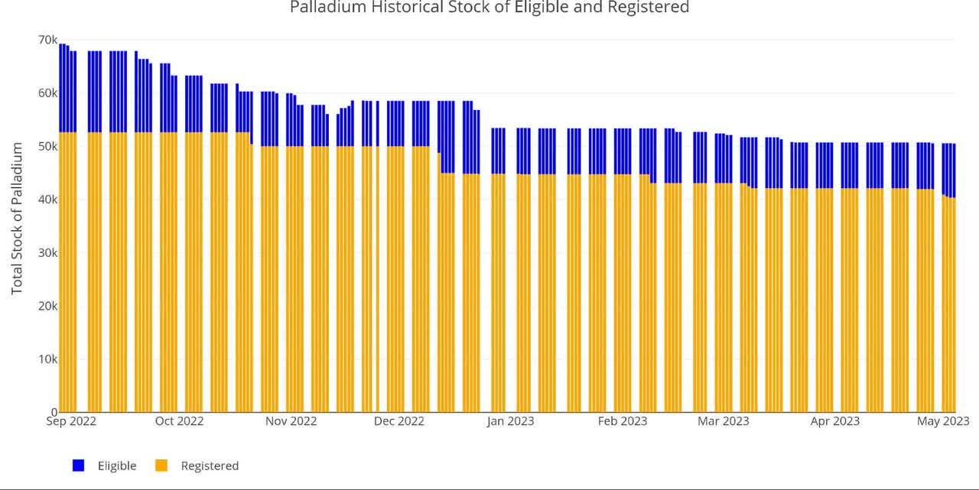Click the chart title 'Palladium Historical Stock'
[489, 8]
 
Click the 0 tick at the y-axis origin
[54, 412]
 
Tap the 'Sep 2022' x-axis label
[71, 421]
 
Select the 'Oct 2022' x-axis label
[179, 421]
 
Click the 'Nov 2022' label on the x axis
[291, 421]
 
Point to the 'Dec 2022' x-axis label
[399, 421]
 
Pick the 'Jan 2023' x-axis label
[510, 421]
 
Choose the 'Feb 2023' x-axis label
[623, 421]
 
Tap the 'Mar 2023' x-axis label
[724, 421]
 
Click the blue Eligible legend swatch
[78, 466]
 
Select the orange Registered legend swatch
[161, 466]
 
